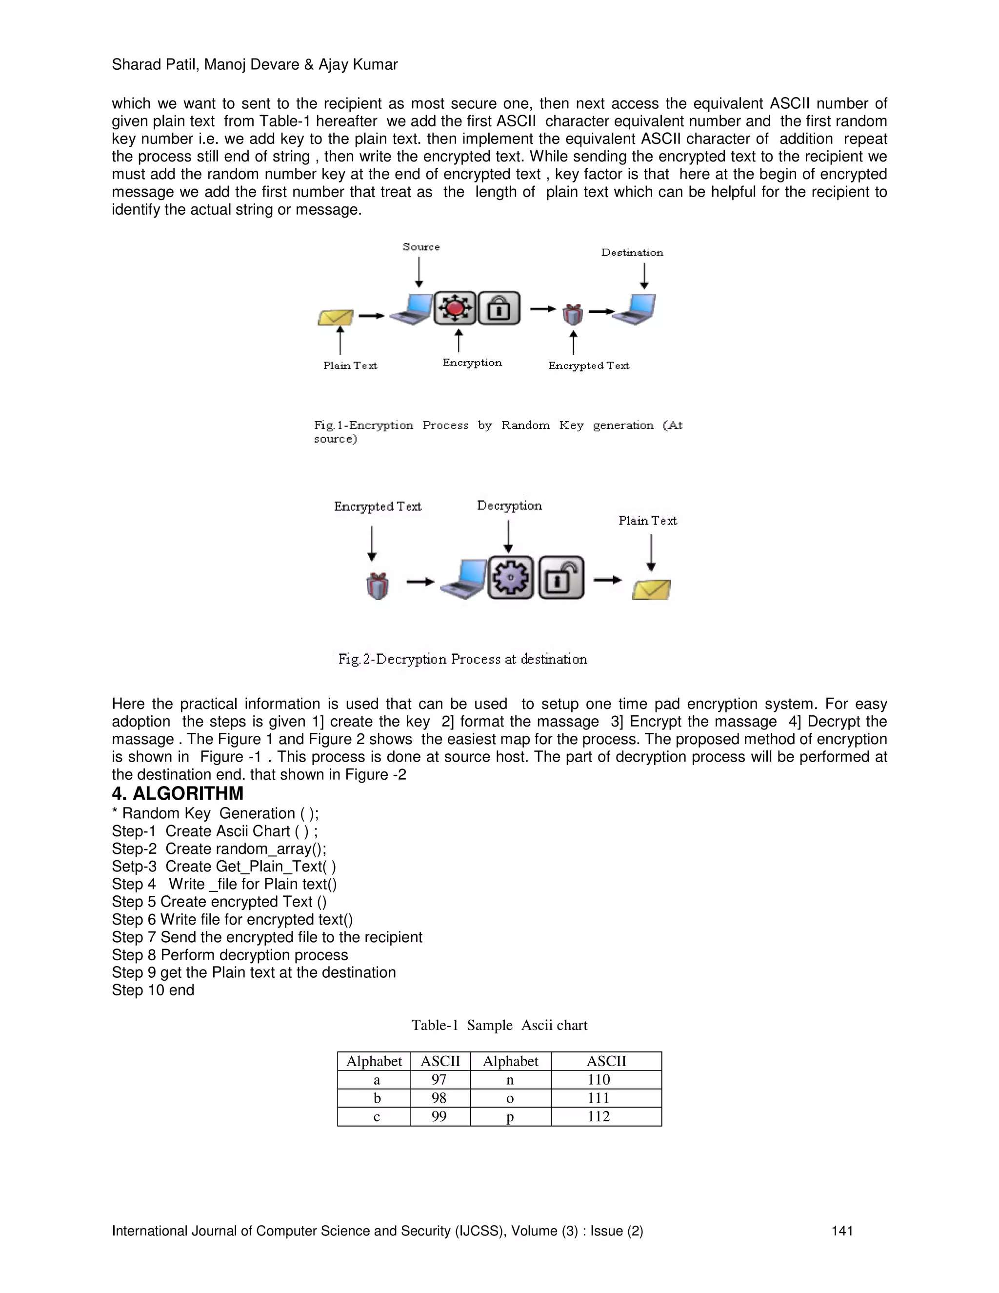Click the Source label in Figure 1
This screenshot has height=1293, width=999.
[x=421, y=247]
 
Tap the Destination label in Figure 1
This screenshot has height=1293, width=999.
[x=632, y=253]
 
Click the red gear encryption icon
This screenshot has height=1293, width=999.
[x=455, y=308]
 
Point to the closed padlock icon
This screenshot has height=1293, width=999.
[x=499, y=308]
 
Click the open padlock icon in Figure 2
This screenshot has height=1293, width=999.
[x=561, y=578]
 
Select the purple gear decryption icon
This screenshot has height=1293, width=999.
[x=511, y=578]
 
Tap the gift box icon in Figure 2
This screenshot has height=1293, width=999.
[x=378, y=586]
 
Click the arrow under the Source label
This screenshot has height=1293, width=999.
[x=419, y=272]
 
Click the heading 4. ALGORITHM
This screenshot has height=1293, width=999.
[x=178, y=793]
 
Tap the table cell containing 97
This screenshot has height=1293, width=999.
[x=439, y=1079]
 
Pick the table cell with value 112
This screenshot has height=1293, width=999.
[x=599, y=1116]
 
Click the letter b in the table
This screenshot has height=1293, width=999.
[x=377, y=1098]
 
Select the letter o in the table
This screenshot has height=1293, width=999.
[x=510, y=1098]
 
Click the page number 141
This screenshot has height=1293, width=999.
[x=841, y=1232]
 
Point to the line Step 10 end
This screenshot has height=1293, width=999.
[x=153, y=990]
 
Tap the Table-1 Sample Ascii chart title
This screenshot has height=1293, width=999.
[x=499, y=1026]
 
